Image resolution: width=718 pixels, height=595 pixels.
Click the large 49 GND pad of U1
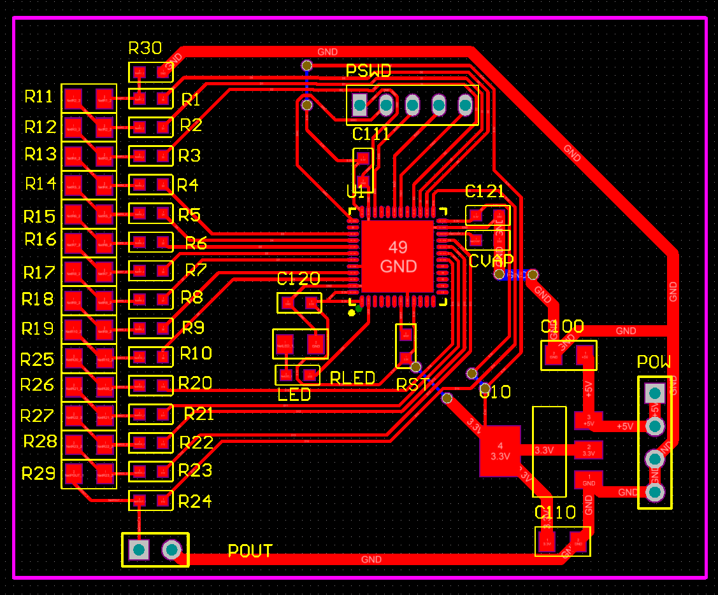point(398,256)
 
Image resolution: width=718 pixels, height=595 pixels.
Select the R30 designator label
point(145,48)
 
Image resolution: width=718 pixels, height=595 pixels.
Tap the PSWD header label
point(368,71)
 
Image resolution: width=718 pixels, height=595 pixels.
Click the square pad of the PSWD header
point(360,104)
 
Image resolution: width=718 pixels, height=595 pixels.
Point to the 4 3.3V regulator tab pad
point(500,451)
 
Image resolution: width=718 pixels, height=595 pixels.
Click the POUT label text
point(250,551)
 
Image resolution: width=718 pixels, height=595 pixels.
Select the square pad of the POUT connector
point(138,549)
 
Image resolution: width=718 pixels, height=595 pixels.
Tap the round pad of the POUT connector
point(171,549)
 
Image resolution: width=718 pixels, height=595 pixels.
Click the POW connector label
point(654,362)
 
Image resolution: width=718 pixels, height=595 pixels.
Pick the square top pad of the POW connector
point(654,393)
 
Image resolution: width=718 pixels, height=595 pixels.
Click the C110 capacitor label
point(555,512)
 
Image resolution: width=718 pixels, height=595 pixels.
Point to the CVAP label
point(491,261)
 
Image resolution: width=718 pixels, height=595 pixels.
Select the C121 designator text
point(485,192)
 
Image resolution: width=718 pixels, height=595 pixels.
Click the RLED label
point(352,378)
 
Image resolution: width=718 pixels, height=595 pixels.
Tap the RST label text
point(412,384)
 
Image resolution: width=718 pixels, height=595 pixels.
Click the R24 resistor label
point(195,501)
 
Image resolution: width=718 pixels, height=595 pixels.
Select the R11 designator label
point(39,97)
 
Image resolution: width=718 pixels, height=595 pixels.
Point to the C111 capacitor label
point(371,134)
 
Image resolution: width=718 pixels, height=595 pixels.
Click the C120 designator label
point(298,279)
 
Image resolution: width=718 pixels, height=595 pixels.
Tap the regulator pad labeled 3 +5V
point(588,419)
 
